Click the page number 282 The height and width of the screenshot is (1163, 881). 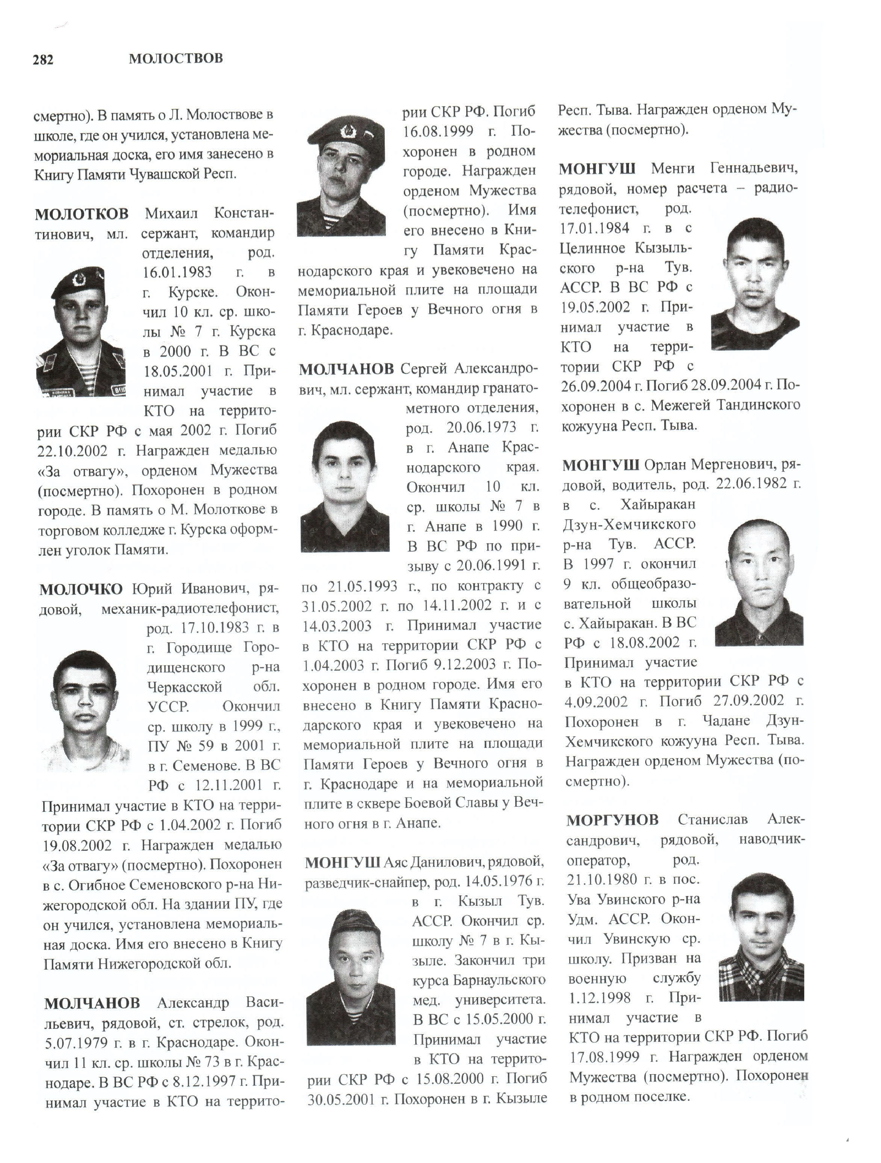(43, 60)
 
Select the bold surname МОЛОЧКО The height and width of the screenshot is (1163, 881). (81, 589)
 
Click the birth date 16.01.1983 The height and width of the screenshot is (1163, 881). (178, 272)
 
